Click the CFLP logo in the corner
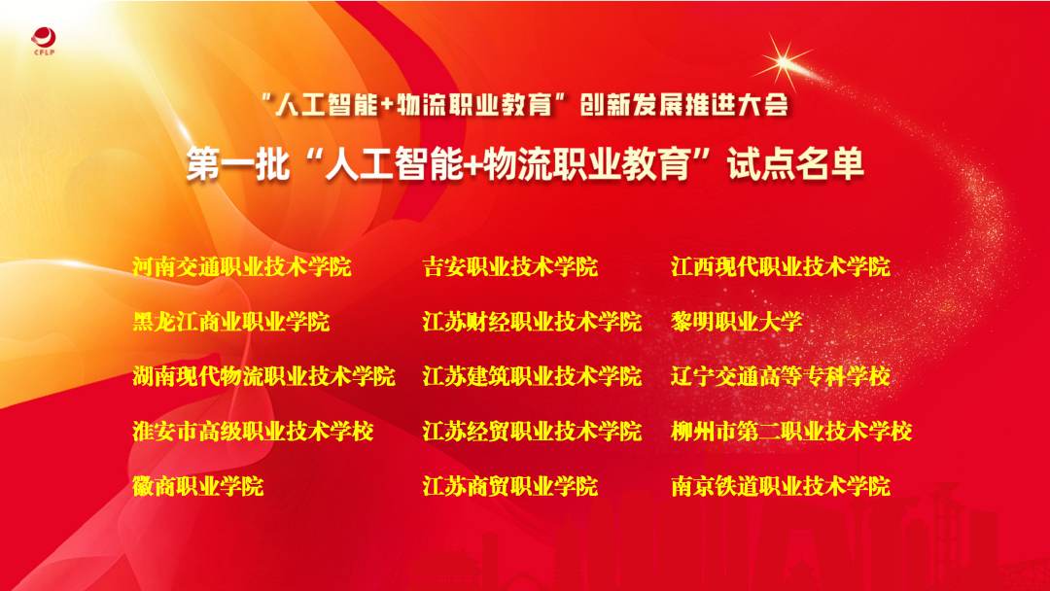pos(44,41)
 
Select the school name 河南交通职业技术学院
pos(242,267)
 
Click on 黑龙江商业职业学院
pos(231,322)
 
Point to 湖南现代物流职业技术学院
pos(263,377)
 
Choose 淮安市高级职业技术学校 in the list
pos(253,432)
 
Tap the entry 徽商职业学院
pos(198,487)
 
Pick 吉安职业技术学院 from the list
pos(510,267)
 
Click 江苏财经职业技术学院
pos(533,322)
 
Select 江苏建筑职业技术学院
pos(533,377)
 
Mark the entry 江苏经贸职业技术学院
pos(533,432)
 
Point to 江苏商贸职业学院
pos(510,487)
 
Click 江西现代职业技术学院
pos(781,267)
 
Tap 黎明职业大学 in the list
pos(737,322)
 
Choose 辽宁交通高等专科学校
pos(781,377)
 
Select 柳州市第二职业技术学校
pos(791,432)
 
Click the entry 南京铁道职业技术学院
pos(781,487)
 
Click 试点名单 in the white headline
pos(796,164)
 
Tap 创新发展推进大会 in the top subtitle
pos(684,104)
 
